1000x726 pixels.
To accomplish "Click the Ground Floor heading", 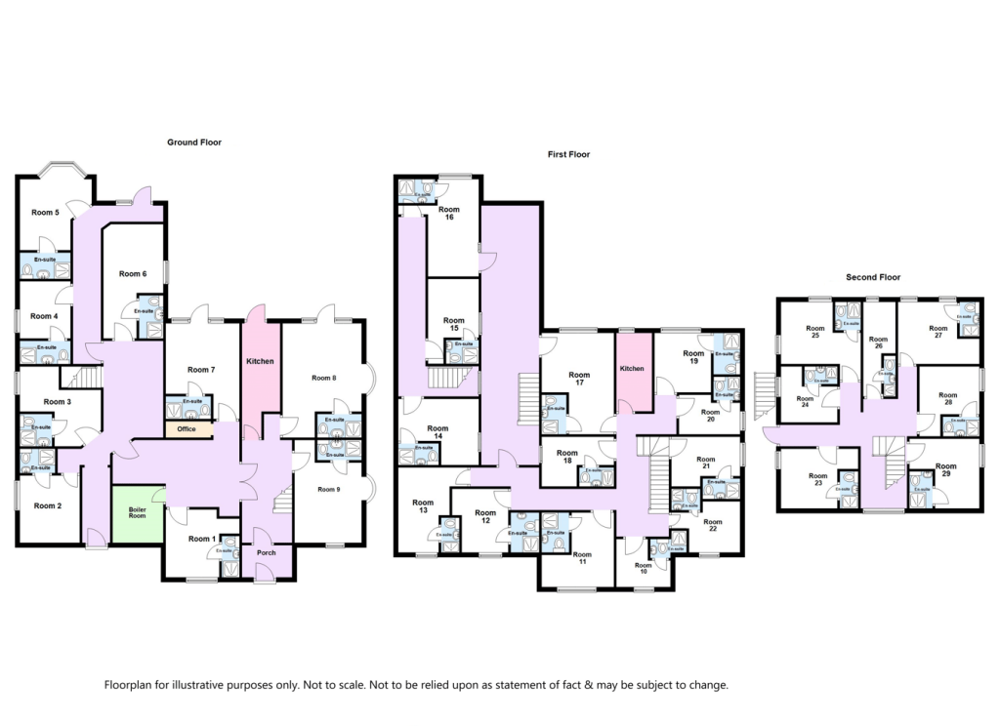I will [x=194, y=142].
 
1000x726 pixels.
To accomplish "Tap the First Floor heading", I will [x=568, y=154].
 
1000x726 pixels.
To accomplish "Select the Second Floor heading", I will [x=872, y=277].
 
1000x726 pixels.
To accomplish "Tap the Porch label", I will [x=266, y=553].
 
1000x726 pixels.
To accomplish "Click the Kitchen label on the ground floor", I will [x=261, y=361].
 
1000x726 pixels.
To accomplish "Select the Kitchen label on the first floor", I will [x=632, y=369].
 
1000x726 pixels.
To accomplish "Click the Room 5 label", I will [x=45, y=213].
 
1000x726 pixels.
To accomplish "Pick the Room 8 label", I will [x=324, y=378].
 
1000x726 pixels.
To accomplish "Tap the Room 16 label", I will [x=449, y=214].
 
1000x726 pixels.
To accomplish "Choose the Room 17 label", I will [x=579, y=379].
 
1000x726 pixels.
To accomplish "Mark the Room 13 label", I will [x=423, y=506].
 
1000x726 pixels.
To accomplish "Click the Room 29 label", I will [x=945, y=470].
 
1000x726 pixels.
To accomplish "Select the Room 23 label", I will [x=816, y=480].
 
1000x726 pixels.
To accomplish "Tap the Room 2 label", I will [x=46, y=505].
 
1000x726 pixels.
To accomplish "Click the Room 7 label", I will [x=201, y=369].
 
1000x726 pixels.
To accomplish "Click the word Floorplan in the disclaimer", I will [x=133, y=685].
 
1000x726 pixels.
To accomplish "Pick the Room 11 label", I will [x=581, y=560].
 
